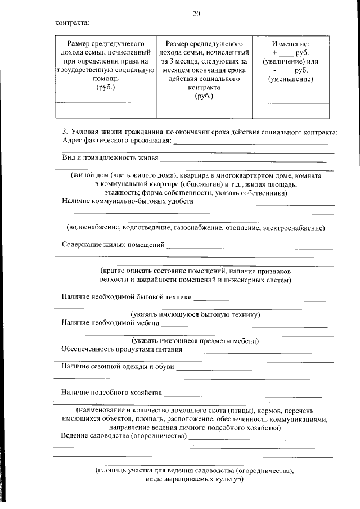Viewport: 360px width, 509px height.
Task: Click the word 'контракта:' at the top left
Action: click(x=72, y=23)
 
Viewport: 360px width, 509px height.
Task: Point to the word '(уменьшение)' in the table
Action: click(x=290, y=79)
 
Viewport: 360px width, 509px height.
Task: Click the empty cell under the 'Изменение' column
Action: click(x=290, y=110)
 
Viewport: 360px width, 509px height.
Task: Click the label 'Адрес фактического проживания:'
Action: click(x=116, y=140)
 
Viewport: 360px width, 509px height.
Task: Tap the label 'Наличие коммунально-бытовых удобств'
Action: click(x=127, y=201)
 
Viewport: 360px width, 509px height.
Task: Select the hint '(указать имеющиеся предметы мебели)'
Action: click(x=195, y=340)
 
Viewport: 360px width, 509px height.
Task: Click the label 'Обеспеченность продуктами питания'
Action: click(x=121, y=349)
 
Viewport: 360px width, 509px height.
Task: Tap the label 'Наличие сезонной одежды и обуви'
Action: click(x=118, y=367)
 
